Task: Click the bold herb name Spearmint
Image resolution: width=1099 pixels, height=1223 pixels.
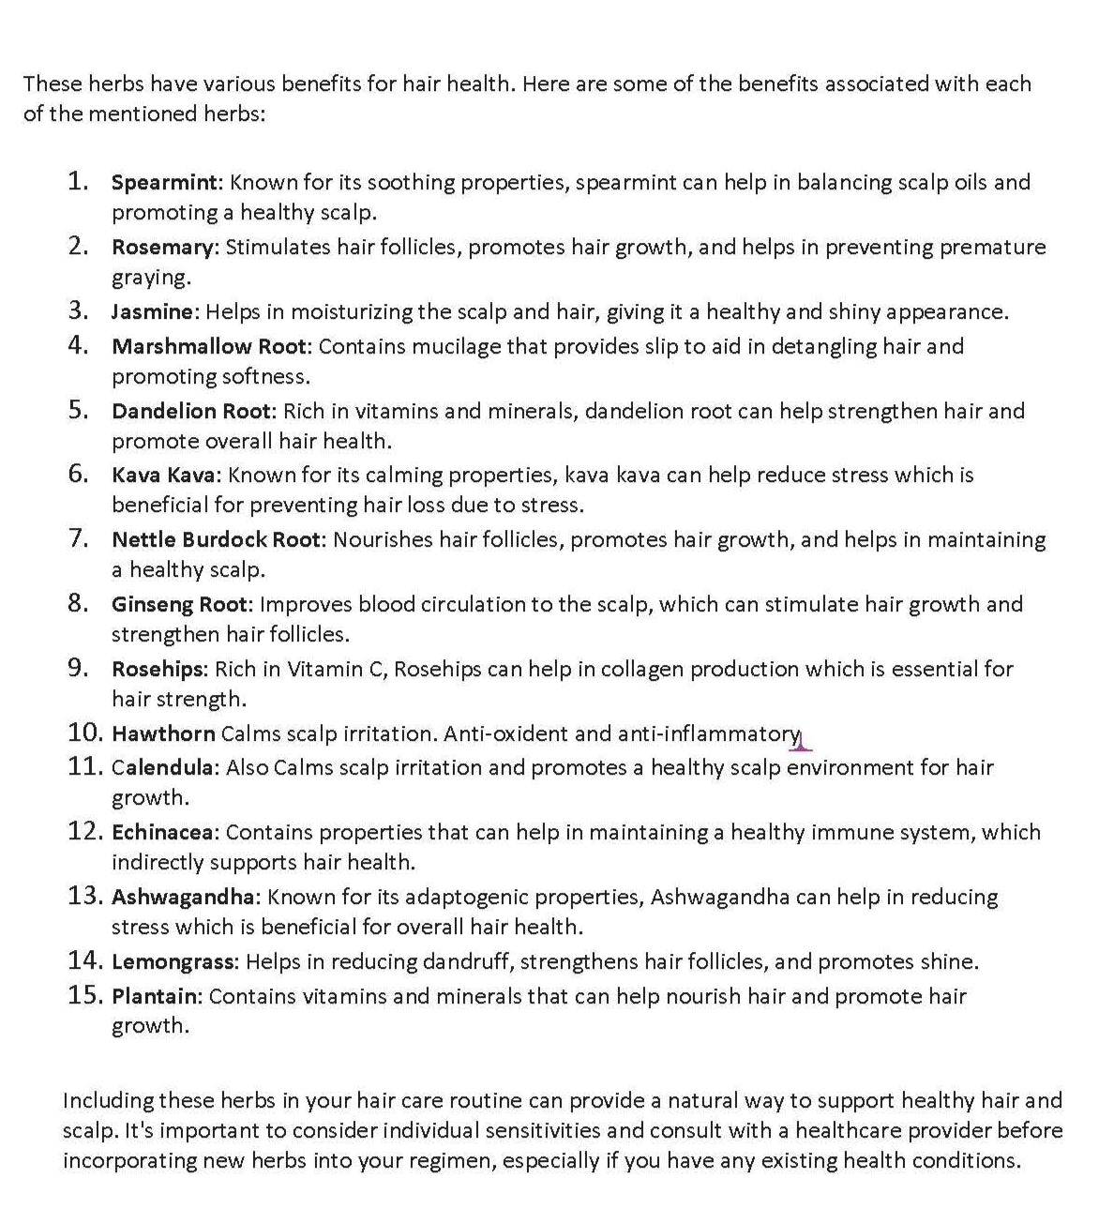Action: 165,182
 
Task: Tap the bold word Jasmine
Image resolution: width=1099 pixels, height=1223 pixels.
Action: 154,311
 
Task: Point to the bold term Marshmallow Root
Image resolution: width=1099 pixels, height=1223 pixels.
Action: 208,346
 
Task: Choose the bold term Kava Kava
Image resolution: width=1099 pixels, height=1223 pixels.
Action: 163,476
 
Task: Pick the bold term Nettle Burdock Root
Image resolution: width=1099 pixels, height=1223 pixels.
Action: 216,539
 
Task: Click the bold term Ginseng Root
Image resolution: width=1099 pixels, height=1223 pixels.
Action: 180,604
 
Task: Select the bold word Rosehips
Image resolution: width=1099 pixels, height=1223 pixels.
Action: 158,669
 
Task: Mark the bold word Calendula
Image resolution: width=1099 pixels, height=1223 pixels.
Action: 163,768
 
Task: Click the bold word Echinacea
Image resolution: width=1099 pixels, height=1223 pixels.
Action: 164,833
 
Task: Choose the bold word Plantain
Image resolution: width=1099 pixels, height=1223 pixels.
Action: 155,996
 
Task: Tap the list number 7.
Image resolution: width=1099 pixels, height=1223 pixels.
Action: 78,538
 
